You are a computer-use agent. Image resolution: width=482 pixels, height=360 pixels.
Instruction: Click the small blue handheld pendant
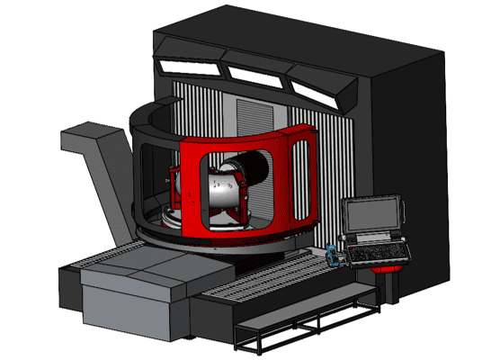335,256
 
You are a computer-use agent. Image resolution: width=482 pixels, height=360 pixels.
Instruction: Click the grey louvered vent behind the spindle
251,116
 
